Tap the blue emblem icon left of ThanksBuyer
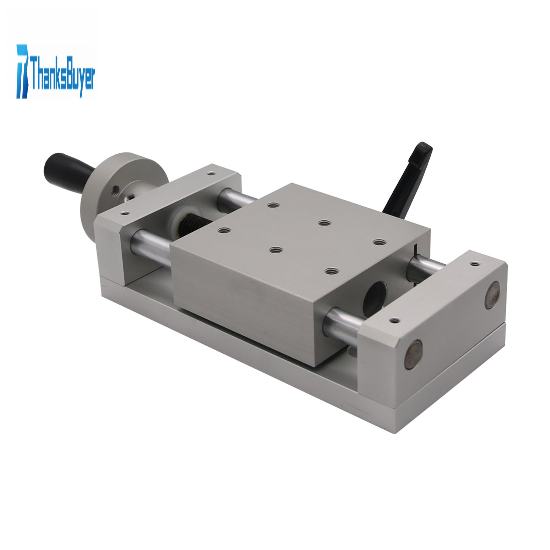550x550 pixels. [23, 71]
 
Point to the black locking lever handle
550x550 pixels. [408, 179]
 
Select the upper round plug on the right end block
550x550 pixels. [492, 295]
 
